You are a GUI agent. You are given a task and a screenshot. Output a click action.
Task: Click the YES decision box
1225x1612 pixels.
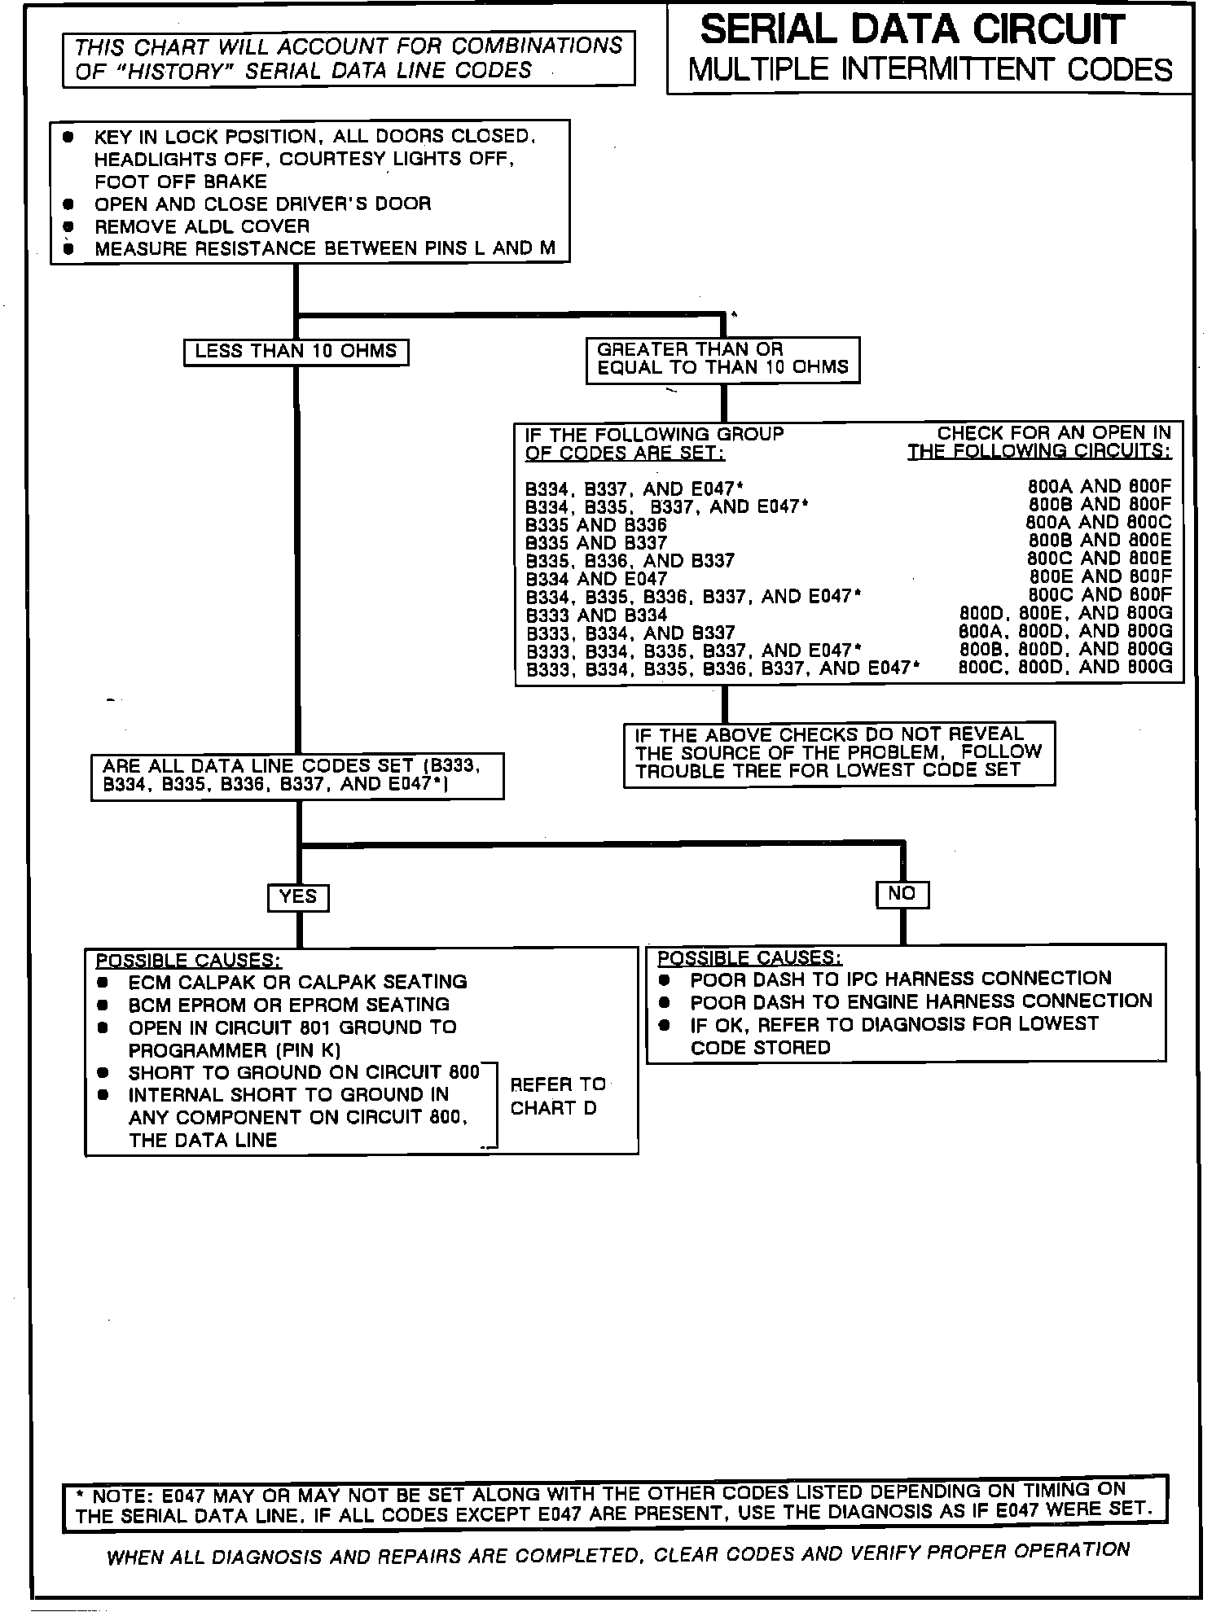298,897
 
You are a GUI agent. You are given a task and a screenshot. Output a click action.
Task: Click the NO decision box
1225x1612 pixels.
902,894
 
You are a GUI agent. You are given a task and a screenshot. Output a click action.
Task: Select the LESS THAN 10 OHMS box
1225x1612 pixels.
296,352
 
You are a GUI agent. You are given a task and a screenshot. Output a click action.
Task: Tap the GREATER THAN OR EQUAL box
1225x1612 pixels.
722,359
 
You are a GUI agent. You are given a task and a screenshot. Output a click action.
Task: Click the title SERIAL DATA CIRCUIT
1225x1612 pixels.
911,30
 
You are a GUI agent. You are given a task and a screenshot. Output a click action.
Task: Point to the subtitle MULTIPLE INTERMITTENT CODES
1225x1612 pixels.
930,70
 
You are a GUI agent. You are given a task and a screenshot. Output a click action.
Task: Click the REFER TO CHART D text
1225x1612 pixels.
557,1096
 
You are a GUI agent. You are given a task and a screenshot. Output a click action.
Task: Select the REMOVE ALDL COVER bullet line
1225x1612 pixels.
202,226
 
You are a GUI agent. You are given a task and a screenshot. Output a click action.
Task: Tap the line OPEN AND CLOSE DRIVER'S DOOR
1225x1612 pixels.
262,204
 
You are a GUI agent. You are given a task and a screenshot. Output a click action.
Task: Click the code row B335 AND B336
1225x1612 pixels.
596,525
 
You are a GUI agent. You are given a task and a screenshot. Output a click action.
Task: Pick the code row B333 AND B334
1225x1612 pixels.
596,615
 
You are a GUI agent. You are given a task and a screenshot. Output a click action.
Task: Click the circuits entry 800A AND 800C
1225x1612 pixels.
1098,523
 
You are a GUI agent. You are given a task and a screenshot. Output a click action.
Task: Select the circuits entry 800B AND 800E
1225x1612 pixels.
1099,541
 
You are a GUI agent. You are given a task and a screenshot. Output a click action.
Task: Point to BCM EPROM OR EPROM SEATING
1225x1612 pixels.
288,1005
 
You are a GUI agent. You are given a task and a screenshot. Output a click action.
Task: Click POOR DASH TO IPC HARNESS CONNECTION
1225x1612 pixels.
900,979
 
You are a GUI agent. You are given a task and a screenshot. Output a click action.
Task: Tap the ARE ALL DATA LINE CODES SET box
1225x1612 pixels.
297,775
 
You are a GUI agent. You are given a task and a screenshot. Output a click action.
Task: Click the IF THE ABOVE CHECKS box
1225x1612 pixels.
839,753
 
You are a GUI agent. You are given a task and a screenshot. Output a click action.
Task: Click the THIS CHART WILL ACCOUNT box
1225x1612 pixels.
349,58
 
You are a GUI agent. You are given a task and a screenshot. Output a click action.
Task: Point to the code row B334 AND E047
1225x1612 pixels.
596,579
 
